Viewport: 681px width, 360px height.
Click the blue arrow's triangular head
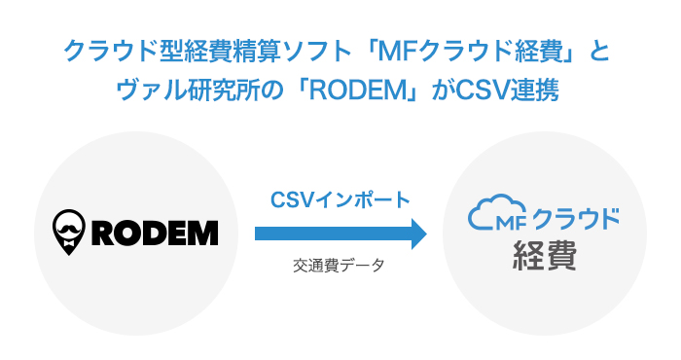(418, 234)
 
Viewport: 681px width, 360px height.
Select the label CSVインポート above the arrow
(340, 198)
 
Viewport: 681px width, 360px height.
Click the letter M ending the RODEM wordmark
(203, 234)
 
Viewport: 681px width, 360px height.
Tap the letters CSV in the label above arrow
(290, 198)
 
